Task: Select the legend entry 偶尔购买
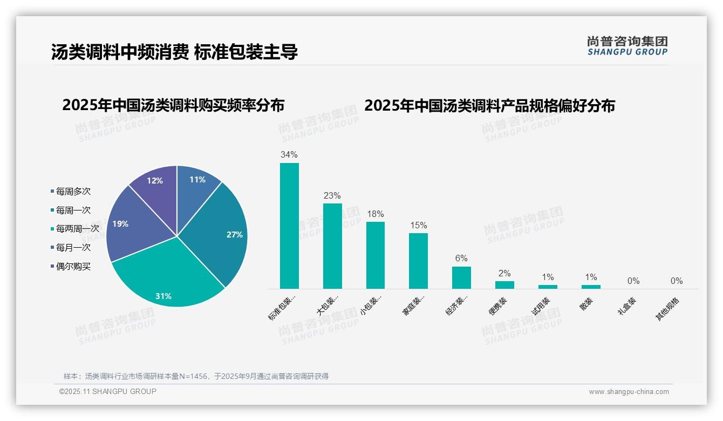pyautogui.click(x=73, y=266)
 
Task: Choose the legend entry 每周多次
pyautogui.click(x=73, y=192)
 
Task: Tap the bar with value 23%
pyautogui.click(x=332, y=246)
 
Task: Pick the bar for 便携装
pyautogui.click(x=504, y=284)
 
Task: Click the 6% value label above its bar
pyautogui.click(x=461, y=259)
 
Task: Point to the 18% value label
pyautogui.click(x=375, y=214)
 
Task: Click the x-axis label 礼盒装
pyautogui.click(x=627, y=308)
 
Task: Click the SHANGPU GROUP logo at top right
pyautogui.click(x=627, y=45)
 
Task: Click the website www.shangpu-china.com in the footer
pyautogui.click(x=629, y=392)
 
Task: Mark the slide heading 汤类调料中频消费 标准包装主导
pyautogui.click(x=174, y=52)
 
